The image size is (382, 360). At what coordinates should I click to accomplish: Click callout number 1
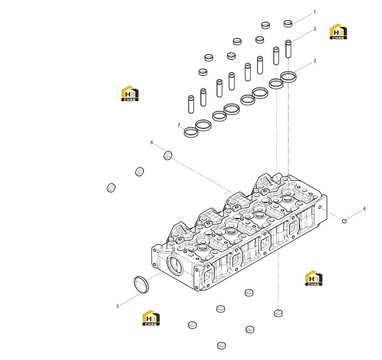[315, 12]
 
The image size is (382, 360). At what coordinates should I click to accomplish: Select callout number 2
[315, 28]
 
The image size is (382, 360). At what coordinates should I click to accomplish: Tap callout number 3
[315, 60]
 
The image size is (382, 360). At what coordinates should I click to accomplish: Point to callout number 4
[364, 209]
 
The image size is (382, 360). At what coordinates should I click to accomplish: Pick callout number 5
[118, 306]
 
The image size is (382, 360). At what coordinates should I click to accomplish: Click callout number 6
[152, 142]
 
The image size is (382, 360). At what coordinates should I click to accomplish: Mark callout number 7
[179, 125]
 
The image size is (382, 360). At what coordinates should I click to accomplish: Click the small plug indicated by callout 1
[288, 24]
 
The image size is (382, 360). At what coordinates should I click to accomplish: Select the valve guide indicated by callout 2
[288, 49]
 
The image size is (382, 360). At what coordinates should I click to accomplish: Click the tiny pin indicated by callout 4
[344, 221]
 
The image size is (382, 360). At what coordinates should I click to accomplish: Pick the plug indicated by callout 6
[168, 155]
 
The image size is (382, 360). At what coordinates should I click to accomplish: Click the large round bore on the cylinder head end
[175, 266]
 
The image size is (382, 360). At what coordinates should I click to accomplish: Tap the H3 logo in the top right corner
[338, 31]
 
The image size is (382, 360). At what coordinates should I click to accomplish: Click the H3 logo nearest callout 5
[151, 318]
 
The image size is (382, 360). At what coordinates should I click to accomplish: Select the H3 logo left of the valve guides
[130, 93]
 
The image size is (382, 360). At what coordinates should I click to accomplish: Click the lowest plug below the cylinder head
[221, 345]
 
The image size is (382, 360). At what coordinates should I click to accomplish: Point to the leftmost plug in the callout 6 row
[111, 188]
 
